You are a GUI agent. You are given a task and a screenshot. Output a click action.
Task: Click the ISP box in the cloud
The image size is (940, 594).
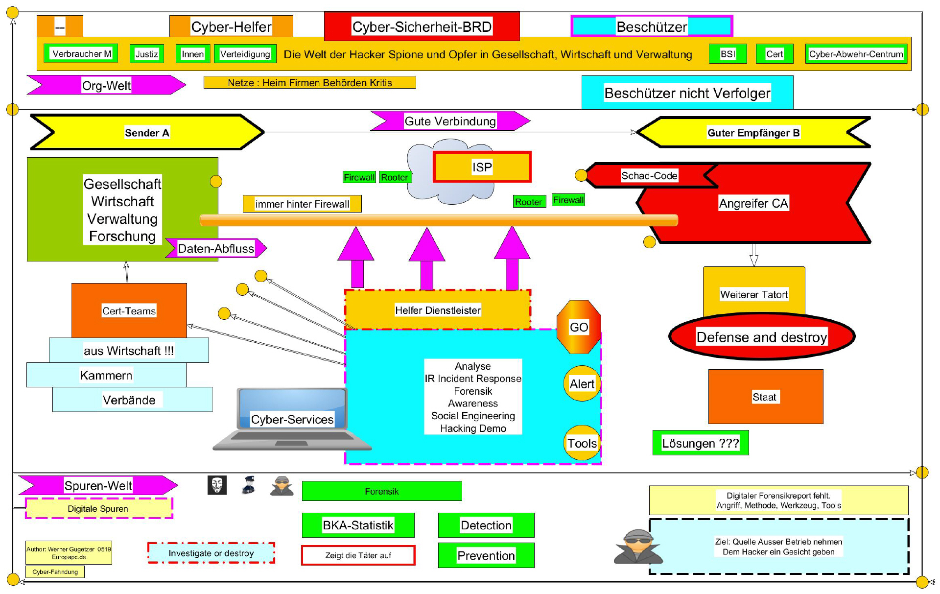482,167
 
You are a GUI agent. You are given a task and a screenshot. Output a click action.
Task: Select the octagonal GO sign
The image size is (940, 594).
579,327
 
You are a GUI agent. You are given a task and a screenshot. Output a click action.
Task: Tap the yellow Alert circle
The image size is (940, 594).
582,384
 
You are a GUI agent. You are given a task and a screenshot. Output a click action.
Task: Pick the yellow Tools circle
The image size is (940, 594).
582,443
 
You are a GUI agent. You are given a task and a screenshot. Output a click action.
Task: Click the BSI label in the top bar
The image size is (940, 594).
728,54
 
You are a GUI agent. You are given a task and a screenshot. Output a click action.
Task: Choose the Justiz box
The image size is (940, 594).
146,54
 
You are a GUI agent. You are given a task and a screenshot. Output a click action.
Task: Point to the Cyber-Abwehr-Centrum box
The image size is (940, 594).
856,54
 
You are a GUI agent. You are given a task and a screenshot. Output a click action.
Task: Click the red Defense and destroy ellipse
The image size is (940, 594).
761,337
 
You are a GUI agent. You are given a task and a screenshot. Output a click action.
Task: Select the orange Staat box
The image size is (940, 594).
765,397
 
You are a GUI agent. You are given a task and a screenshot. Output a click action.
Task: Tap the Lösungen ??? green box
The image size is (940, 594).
700,443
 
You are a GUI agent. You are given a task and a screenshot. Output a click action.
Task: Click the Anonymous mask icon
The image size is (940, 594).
217,485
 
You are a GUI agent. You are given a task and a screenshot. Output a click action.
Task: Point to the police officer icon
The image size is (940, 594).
249,485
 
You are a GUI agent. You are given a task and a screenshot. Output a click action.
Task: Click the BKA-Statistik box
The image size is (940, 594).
358,525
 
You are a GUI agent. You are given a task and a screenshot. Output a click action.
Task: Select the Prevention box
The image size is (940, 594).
486,555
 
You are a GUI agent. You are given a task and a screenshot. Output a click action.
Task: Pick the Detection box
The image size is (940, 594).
486,525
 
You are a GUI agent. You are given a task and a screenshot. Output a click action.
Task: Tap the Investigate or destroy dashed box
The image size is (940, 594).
211,553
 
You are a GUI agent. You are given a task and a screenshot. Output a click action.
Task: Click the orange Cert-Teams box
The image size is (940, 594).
129,310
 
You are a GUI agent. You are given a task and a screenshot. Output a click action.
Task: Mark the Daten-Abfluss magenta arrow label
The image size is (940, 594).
216,248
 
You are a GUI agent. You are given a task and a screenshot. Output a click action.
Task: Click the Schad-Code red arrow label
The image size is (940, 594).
649,176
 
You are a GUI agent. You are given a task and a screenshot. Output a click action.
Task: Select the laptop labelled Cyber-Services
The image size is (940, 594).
292,420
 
